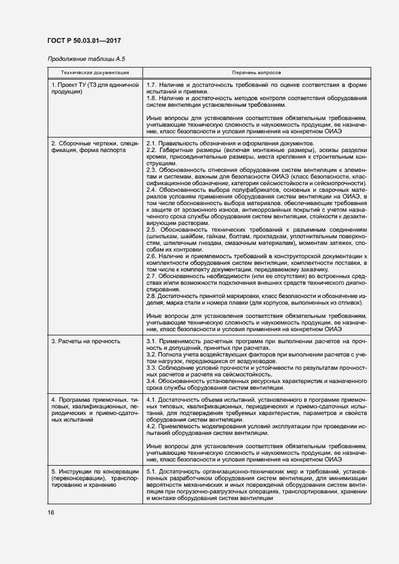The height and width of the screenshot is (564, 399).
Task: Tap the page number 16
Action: (x=51, y=512)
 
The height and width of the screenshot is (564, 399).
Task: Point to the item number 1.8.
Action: (x=152, y=98)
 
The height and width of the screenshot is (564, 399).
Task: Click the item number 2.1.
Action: (x=152, y=143)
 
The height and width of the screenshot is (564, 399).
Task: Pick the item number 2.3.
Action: (x=152, y=170)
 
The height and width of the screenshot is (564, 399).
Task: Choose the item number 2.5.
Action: (x=152, y=230)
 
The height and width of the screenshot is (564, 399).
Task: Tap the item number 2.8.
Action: (x=152, y=296)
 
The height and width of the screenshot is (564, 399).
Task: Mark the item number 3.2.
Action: (x=152, y=355)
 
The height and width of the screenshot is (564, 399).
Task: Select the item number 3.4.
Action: (x=152, y=381)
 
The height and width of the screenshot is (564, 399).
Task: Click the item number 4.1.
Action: (x=152, y=400)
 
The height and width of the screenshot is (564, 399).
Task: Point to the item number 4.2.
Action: (x=152, y=426)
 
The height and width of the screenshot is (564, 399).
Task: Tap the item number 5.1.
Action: (x=152, y=471)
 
